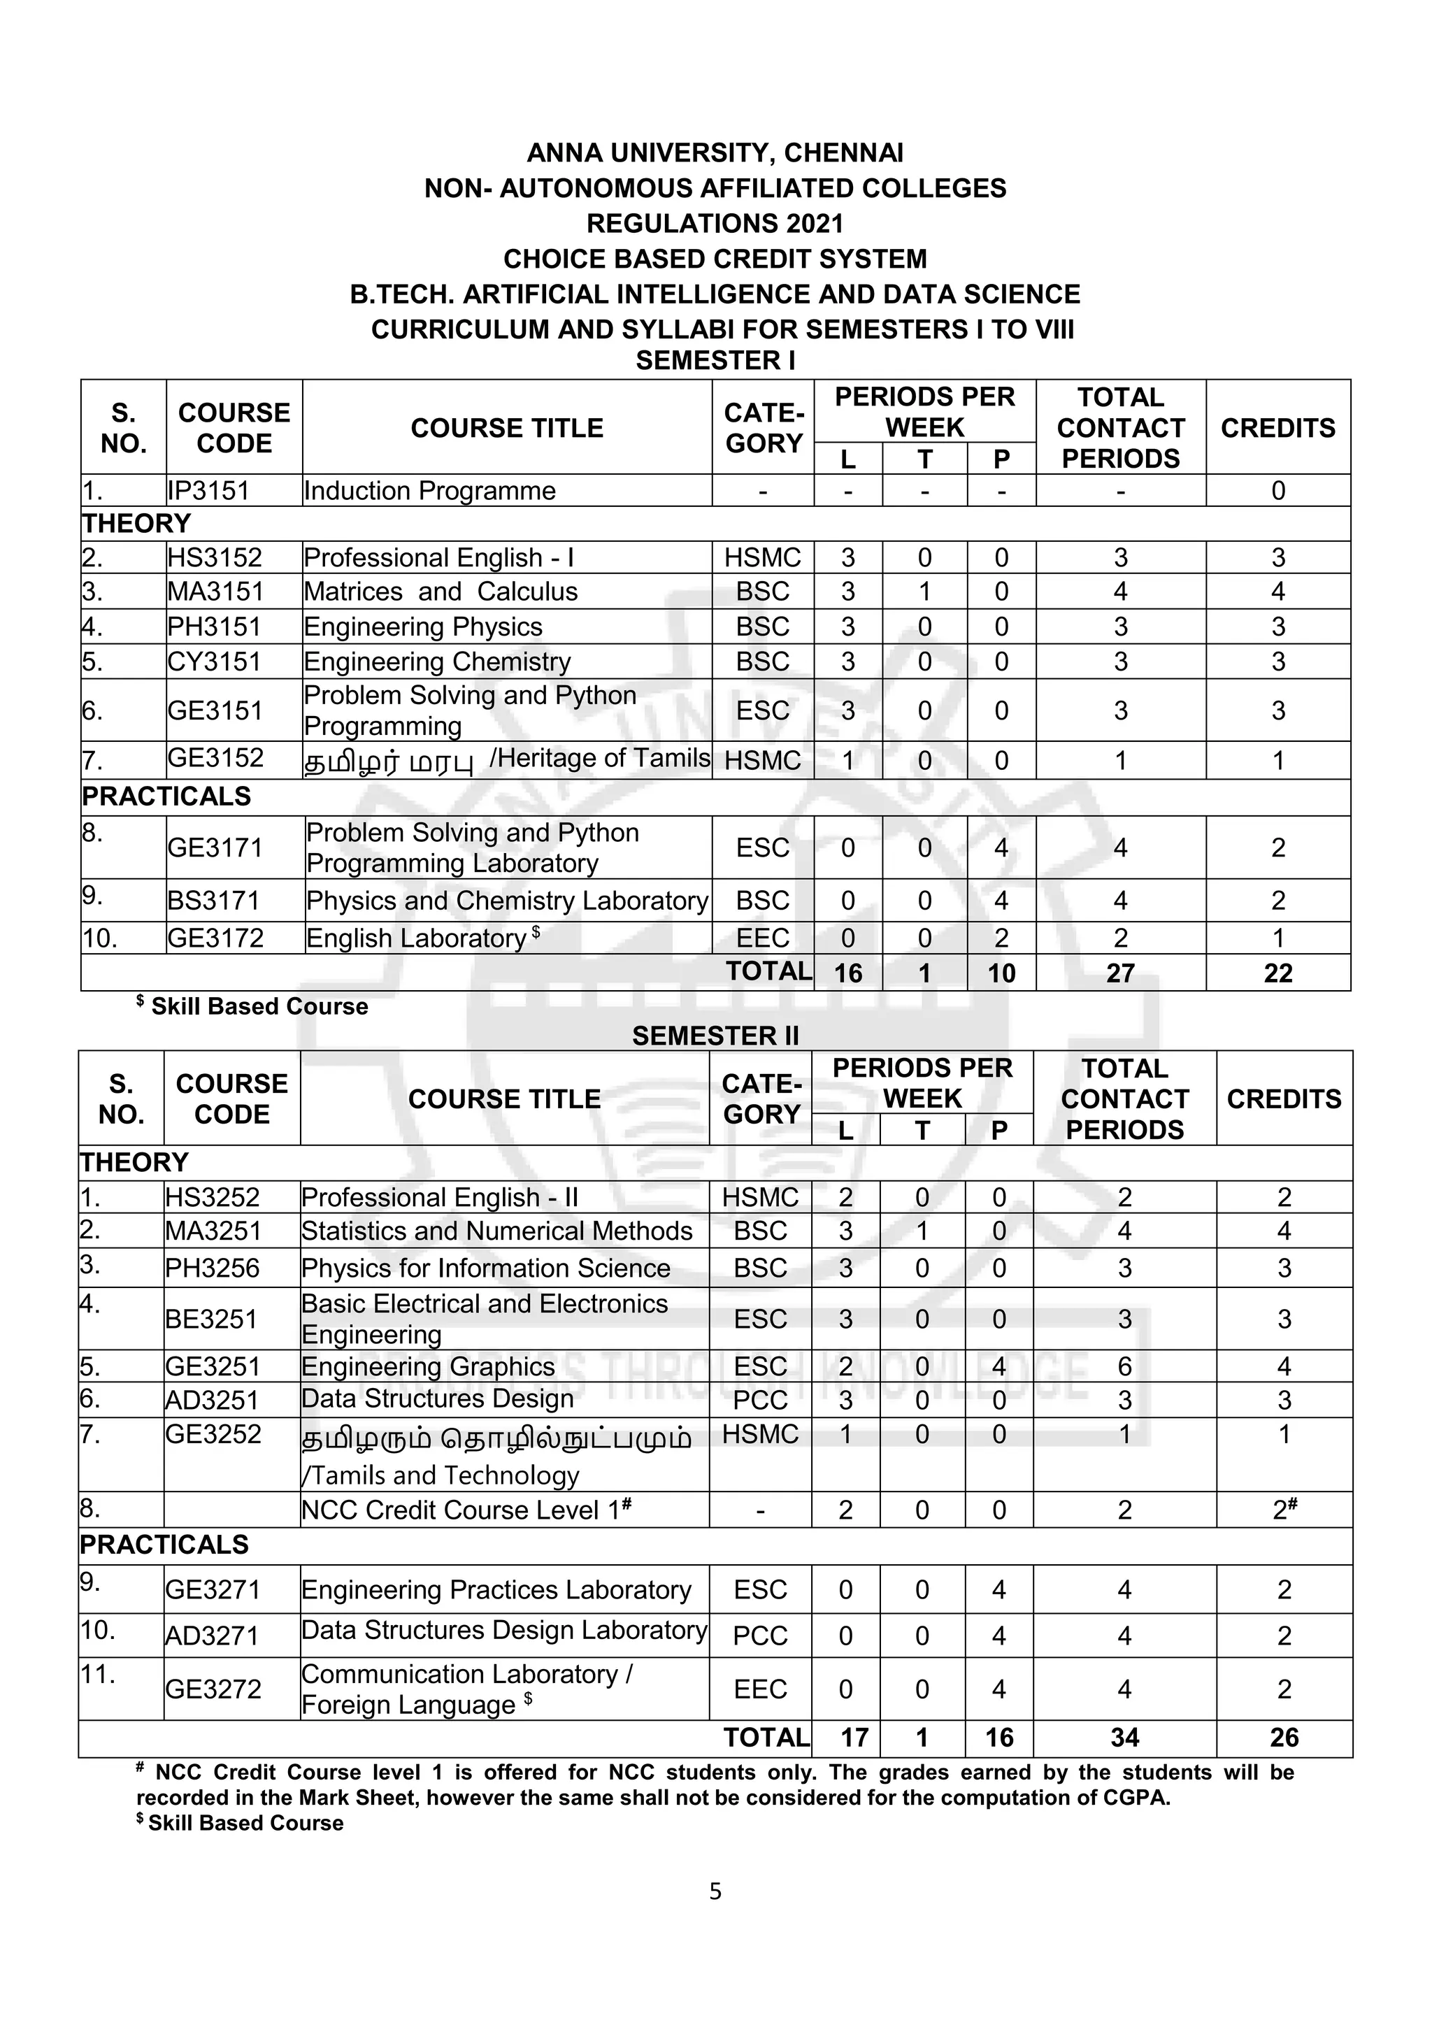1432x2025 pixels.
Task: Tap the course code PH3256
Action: click(212, 1268)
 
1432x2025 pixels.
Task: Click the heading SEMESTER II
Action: click(715, 1036)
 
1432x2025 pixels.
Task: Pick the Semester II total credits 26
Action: click(1284, 1738)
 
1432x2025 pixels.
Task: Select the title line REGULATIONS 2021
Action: click(715, 223)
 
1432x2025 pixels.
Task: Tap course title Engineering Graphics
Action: click(428, 1366)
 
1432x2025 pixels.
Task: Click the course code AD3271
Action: click(212, 1636)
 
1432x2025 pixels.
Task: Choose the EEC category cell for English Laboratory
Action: click(763, 938)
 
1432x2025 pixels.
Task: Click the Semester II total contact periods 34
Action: click(1124, 1738)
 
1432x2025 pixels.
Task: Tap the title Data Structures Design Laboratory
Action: click(503, 1630)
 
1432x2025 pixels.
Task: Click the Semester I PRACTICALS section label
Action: click(166, 796)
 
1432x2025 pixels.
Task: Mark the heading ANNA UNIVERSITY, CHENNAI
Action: click(715, 152)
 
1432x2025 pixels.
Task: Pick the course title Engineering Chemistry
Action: click(436, 661)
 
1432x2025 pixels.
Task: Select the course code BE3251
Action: click(212, 1319)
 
